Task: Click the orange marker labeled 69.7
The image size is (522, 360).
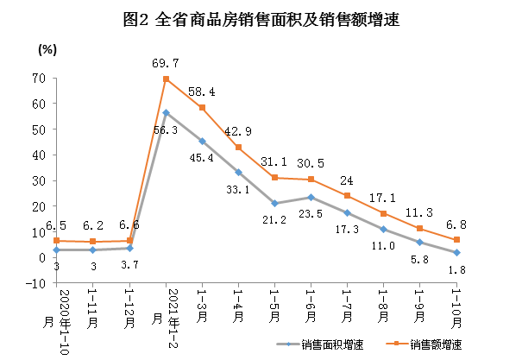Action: (x=166, y=79)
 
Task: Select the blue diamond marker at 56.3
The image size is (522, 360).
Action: (x=166, y=113)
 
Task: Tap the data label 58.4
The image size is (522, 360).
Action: (x=202, y=91)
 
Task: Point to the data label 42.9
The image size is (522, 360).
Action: (x=239, y=131)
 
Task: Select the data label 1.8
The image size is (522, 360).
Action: (x=456, y=271)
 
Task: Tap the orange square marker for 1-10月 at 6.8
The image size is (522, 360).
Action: (x=456, y=239)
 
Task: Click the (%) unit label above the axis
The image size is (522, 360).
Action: (x=46, y=48)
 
